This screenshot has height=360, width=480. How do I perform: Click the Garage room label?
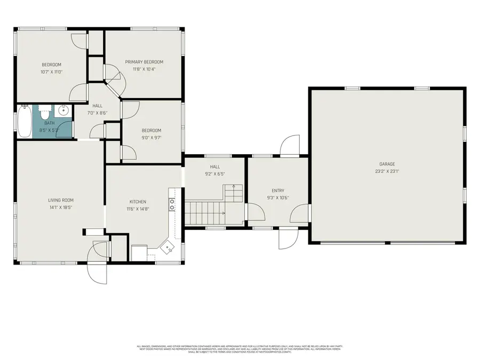pyautogui.click(x=387, y=164)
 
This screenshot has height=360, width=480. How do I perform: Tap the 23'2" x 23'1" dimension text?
pyautogui.click(x=387, y=172)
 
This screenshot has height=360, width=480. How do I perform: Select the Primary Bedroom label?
pyautogui.click(x=144, y=62)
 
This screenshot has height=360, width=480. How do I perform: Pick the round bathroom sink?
pyautogui.click(x=63, y=112)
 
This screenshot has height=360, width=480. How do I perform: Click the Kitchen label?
pyautogui.click(x=138, y=202)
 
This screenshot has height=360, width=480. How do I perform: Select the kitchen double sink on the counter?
pyautogui.click(x=172, y=205)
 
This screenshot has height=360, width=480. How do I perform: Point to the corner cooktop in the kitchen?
pyautogui.click(x=169, y=246)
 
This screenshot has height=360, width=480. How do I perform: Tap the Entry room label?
pyautogui.click(x=278, y=190)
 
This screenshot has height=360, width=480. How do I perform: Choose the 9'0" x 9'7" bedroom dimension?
pyautogui.click(x=151, y=138)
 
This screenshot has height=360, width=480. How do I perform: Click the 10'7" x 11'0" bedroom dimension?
pyautogui.click(x=52, y=72)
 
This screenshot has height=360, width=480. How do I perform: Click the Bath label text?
pyautogui.click(x=50, y=123)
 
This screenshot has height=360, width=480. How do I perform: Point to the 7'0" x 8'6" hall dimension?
pyautogui.click(x=97, y=113)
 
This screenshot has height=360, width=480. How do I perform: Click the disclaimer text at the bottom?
pyautogui.click(x=239, y=349)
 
